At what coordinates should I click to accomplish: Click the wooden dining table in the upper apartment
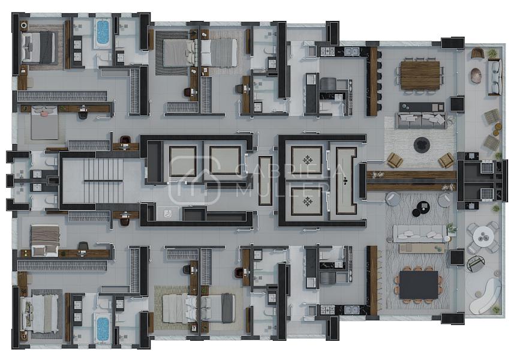(x=420, y=76)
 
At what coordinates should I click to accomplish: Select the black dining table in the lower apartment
(x=419, y=284)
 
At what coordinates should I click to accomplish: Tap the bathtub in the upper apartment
(x=103, y=32)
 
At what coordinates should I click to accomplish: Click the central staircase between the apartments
(x=103, y=181)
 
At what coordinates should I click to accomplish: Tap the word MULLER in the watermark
(x=282, y=190)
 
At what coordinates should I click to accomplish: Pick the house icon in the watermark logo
(x=195, y=180)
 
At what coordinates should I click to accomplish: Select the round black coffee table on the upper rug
(x=422, y=145)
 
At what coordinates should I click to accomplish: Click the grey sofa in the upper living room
(x=422, y=121)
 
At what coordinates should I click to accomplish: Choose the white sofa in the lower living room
(x=420, y=234)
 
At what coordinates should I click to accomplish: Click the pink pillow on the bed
(x=43, y=113)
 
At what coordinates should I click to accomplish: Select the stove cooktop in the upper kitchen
(x=327, y=51)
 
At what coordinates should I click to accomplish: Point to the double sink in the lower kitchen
(x=351, y=310)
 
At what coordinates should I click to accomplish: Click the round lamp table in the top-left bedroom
(x=24, y=25)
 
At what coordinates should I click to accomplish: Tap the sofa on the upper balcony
(x=495, y=77)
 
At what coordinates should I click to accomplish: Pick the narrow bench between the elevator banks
(x=265, y=181)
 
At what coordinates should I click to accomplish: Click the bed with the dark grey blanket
(x=38, y=47)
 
